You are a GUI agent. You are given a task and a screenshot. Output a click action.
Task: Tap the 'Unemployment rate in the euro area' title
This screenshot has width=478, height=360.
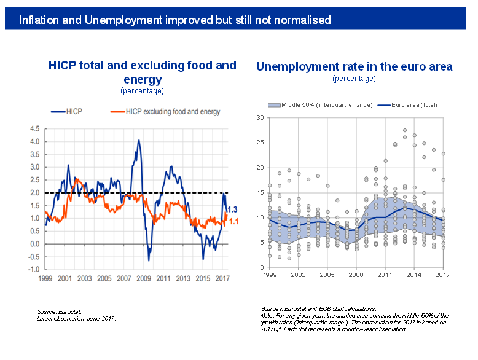pos(354,66)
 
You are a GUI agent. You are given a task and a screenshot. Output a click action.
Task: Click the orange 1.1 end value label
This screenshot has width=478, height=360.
pos(233,221)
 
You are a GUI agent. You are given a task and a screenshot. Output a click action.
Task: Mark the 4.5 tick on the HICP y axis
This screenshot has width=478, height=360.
pos(34,129)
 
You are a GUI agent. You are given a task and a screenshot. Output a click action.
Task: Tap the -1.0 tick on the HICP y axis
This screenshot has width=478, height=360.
pos(33,270)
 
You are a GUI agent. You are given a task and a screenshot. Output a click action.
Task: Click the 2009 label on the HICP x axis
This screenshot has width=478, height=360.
pos(144,279)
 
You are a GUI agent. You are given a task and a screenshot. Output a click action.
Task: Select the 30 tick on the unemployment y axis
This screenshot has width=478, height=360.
pos(261,117)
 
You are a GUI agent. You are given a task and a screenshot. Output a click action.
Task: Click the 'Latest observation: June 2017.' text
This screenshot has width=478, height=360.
pos(76,319)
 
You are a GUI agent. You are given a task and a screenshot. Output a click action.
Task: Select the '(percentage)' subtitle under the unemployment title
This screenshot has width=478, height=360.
pos(354,79)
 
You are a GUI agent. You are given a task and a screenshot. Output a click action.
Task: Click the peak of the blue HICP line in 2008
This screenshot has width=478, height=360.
pos(139,141)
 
